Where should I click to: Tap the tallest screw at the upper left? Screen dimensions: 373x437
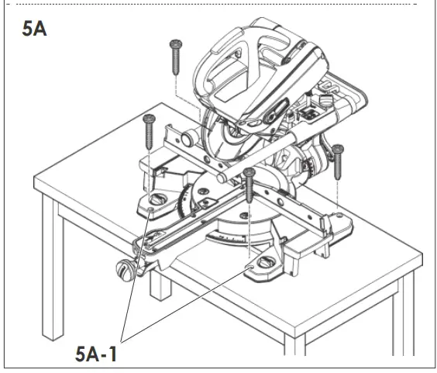click(x=174, y=59)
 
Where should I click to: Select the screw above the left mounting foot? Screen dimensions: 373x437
click(x=148, y=131)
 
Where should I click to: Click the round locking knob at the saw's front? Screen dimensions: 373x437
click(x=123, y=270)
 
